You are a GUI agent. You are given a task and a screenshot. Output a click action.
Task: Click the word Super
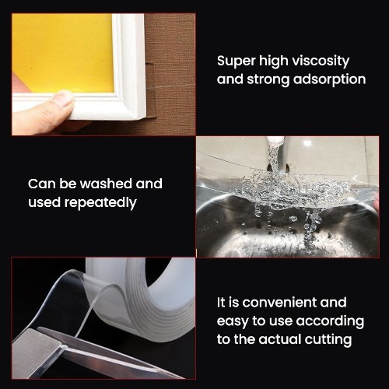coord(236,61)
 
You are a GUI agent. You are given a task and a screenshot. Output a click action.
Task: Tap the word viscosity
coord(321,61)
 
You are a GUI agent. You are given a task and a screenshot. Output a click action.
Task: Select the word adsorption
coord(329,79)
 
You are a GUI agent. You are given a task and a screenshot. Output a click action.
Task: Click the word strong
coord(268,80)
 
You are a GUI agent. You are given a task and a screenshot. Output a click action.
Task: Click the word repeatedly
coord(100,202)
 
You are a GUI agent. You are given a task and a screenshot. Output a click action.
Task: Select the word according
coord(330,322)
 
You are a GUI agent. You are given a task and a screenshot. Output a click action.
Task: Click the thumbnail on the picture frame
coord(62,99)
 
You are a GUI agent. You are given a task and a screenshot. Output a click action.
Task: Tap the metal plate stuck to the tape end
coord(37,352)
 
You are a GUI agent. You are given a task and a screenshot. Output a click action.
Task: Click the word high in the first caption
coord(274,61)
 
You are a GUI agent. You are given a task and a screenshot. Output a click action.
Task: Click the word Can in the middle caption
coord(42,184)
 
